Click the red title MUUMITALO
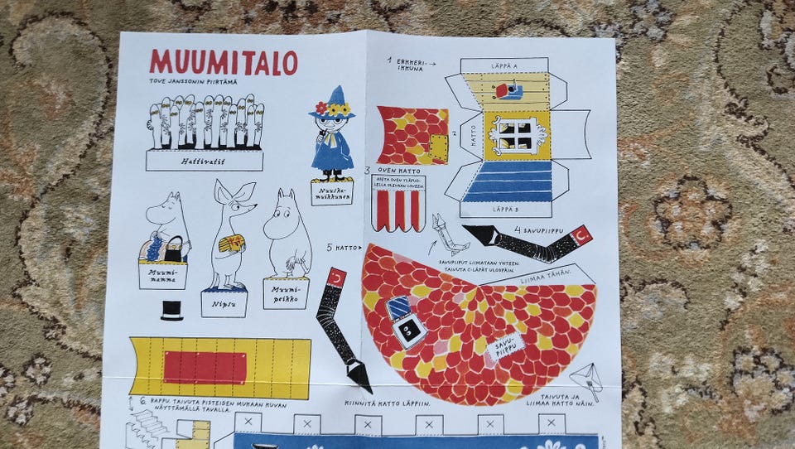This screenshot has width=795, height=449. [x=223, y=62]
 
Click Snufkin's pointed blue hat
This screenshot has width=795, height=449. [x=335, y=98]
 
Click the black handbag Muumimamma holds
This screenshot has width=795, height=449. [x=174, y=249]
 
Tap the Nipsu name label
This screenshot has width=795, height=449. [x=224, y=303]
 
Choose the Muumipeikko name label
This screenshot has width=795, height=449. [x=286, y=292]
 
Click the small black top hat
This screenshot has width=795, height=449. [x=171, y=311]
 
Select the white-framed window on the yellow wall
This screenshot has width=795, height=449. [x=515, y=134]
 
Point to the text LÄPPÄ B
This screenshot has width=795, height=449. [x=506, y=210]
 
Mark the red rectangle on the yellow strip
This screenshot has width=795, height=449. [x=205, y=367]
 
